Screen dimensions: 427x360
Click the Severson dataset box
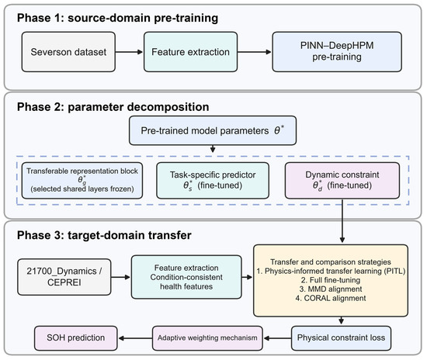pyautogui.click(x=68, y=52)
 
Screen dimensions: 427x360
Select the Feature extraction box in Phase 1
pyautogui.click(x=191, y=52)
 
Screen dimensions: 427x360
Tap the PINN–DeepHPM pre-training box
pyautogui.click(x=337, y=52)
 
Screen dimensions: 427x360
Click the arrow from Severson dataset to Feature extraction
pyautogui.click(x=129, y=52)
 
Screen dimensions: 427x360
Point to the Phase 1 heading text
pyautogui.click(x=117, y=18)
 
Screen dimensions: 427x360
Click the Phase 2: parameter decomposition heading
pyautogui.click(x=113, y=107)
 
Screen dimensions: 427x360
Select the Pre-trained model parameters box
pyautogui.click(x=213, y=130)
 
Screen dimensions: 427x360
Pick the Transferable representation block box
pyautogui.click(x=82, y=181)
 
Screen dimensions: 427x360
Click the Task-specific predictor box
pyautogui.click(x=213, y=181)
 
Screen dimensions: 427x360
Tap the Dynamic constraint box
pyautogui.click(x=342, y=181)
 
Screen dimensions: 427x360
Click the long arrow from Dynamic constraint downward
pyautogui.click(x=342, y=220)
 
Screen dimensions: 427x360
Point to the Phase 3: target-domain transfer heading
pyautogui.click(x=104, y=235)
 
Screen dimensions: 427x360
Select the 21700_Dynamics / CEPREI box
pyautogui.click(x=64, y=277)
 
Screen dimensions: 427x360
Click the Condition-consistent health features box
pyautogui.click(x=186, y=277)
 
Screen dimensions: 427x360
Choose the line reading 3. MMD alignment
pyautogui.click(x=331, y=289)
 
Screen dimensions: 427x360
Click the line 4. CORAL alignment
pyautogui.click(x=331, y=298)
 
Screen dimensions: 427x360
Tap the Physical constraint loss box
pyautogui.click(x=342, y=338)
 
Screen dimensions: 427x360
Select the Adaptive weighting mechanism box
pyautogui.click(x=207, y=338)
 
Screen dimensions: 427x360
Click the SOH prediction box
pyautogui.click(x=76, y=338)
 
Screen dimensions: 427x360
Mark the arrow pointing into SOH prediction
pyautogui.click(x=135, y=338)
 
